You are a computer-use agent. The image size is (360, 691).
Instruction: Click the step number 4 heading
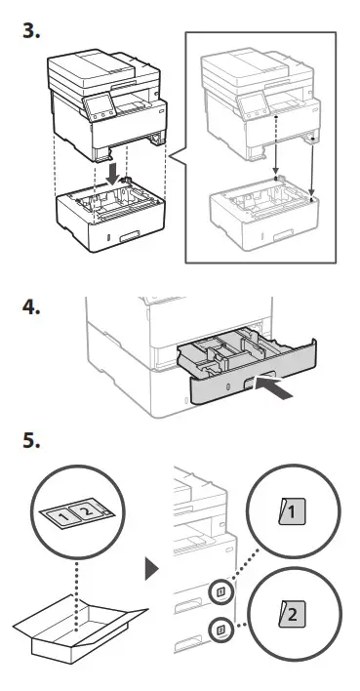pos(31,307)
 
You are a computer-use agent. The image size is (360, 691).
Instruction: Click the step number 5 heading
pos(31,440)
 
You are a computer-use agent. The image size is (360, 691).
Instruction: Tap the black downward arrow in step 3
pos(113,174)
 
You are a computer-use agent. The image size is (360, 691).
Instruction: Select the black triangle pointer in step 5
pos(151,569)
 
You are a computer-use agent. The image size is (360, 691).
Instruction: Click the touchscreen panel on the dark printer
pos(100,105)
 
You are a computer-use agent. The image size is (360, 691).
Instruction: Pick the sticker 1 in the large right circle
pos(292,512)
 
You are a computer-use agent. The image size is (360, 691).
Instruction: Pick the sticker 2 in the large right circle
pos(292,614)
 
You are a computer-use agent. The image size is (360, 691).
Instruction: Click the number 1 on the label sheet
pos(64,515)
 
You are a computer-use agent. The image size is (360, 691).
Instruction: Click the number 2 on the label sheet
pos(87,511)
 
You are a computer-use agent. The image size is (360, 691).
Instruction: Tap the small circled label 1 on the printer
pos(221,590)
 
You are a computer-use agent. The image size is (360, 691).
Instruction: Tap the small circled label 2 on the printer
pos(221,630)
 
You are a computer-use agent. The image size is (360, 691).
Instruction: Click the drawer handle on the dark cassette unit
pos(131,236)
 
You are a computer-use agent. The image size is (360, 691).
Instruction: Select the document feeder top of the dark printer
pos(91,67)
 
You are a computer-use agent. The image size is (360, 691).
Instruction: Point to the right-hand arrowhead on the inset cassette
pos(312,194)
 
